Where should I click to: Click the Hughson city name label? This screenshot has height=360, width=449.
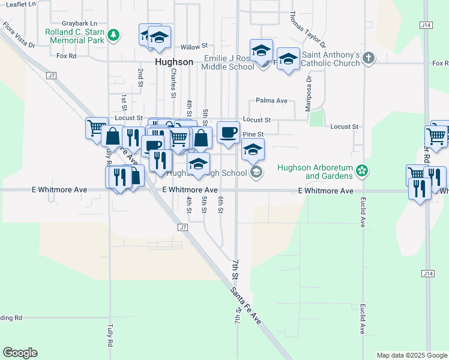click(x=174, y=62)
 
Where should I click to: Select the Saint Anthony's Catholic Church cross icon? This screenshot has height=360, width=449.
click(x=369, y=58)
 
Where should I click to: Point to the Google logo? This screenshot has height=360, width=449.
click(x=20, y=353)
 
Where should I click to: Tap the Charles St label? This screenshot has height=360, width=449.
click(x=173, y=82)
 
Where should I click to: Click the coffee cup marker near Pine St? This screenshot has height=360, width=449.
click(x=228, y=133)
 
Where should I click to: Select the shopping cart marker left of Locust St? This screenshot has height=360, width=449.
click(x=96, y=128)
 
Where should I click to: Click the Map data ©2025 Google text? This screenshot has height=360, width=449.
click(x=412, y=355)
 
